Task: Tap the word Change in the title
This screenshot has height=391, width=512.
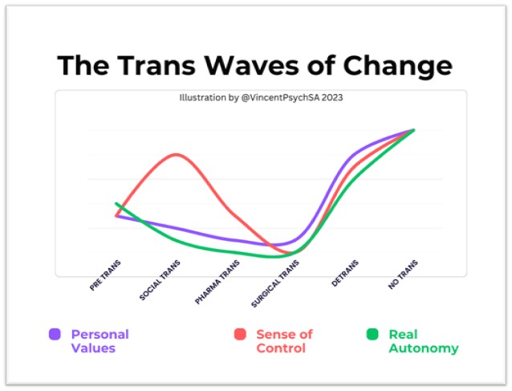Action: tap(396, 65)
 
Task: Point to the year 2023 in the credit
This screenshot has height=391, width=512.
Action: tap(333, 99)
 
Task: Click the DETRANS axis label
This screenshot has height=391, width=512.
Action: tap(345, 272)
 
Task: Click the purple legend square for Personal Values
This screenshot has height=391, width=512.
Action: tap(55, 335)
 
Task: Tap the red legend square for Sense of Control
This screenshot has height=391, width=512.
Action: tap(240, 335)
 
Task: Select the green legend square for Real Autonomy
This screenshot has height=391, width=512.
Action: tap(372, 335)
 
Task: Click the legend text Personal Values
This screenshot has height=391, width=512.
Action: tap(100, 341)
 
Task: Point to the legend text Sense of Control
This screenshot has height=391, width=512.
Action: tap(284, 341)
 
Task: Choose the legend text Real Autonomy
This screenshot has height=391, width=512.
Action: tap(423, 341)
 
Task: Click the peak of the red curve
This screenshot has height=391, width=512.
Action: tap(177, 154)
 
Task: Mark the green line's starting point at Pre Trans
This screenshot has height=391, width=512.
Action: tap(117, 203)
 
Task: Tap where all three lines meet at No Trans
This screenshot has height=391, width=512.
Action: tap(413, 130)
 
